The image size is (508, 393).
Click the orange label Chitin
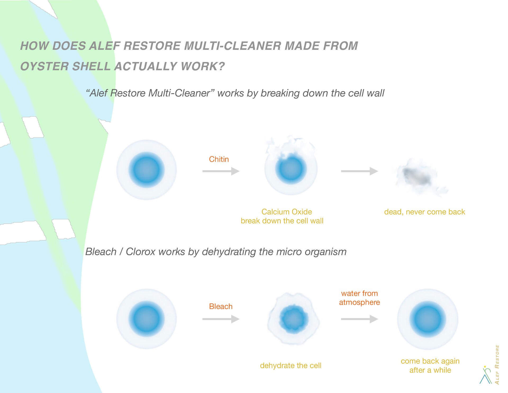(x=219, y=159)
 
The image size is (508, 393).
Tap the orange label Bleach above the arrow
(x=221, y=306)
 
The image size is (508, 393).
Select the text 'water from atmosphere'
(x=360, y=298)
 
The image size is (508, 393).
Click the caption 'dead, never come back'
(x=425, y=212)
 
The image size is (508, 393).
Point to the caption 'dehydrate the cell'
(x=291, y=366)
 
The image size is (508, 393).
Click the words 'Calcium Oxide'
(x=287, y=212)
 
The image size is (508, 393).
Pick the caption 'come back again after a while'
(x=430, y=365)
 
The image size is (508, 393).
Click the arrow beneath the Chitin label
(x=221, y=171)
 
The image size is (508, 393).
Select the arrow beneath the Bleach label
(x=221, y=319)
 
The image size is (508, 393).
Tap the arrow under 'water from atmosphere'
(x=360, y=319)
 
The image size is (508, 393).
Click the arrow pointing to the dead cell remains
(x=360, y=171)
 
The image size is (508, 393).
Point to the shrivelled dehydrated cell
(x=293, y=319)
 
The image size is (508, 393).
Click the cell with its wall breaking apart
(x=291, y=166)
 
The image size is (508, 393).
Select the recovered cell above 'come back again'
(x=428, y=319)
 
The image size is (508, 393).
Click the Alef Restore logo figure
(x=486, y=375)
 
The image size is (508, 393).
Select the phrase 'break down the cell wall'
(x=282, y=221)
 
